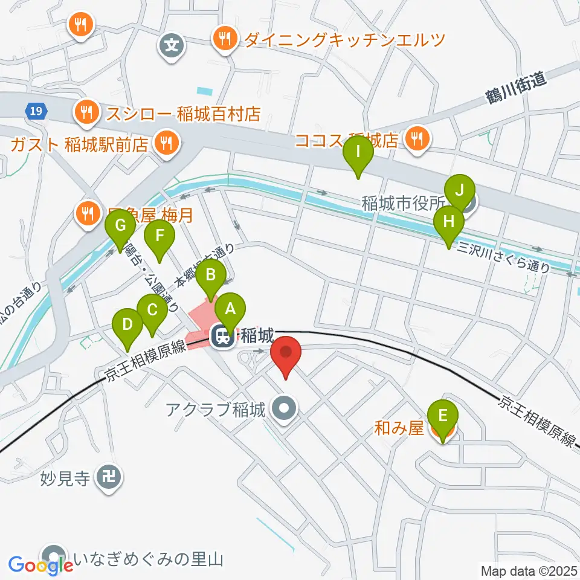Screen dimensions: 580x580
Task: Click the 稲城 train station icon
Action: tap(223, 335)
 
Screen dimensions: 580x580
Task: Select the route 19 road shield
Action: tap(36, 111)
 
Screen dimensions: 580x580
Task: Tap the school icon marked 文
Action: tap(172, 44)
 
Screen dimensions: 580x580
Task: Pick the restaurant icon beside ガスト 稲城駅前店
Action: tap(165, 143)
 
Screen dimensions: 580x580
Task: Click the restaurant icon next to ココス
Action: tap(416, 139)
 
